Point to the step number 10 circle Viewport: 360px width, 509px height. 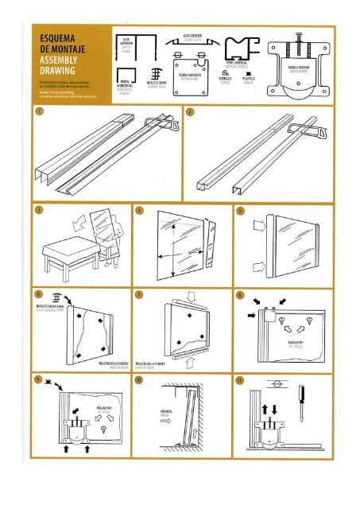tap(139, 381)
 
